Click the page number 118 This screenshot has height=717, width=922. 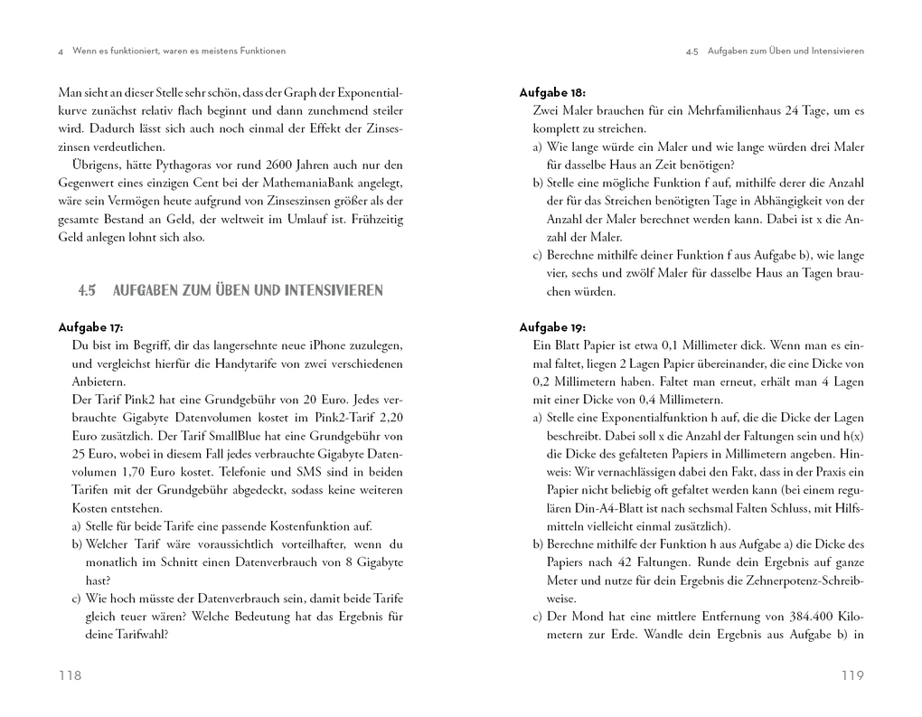click(70, 675)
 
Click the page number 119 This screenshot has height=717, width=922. click(852, 675)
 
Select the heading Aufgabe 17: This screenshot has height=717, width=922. click(90, 327)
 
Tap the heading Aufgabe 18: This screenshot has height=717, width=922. click(552, 92)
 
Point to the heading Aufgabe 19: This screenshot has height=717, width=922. click(552, 327)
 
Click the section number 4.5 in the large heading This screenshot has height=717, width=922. click(87, 290)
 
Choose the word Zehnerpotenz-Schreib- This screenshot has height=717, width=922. click(796, 580)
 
